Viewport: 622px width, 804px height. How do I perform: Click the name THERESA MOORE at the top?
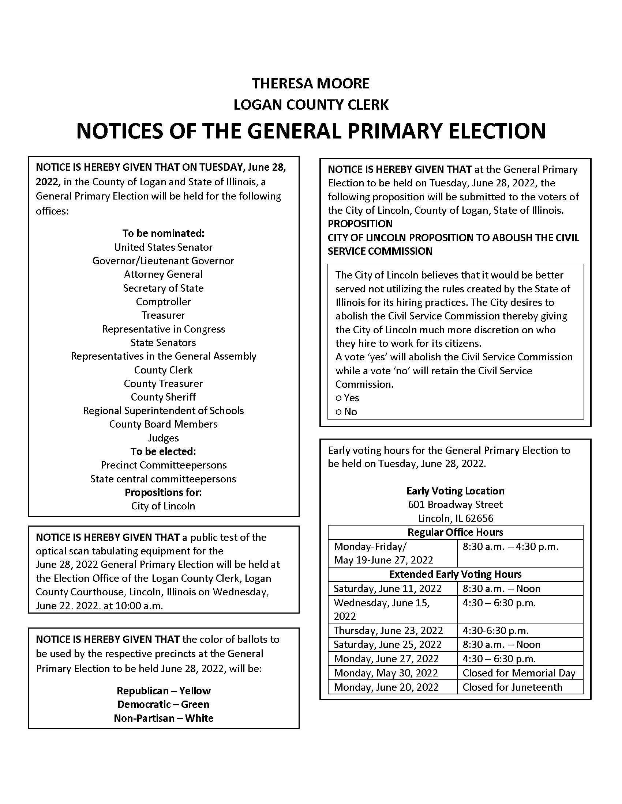pos(311,84)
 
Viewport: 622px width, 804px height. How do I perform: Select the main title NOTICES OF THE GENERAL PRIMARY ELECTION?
pos(311,131)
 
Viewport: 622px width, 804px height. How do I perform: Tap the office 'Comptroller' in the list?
pos(163,301)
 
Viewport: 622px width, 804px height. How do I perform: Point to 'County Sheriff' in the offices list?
pos(163,397)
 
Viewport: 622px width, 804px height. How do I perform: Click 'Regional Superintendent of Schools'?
pos(163,410)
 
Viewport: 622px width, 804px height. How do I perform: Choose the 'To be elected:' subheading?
pos(163,451)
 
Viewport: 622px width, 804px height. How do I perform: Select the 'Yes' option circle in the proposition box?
pos(339,398)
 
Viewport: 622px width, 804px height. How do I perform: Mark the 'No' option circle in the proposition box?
pos(339,412)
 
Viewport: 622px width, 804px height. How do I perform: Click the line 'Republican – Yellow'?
pos(164,691)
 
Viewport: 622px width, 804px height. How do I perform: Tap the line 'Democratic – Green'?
pos(163,704)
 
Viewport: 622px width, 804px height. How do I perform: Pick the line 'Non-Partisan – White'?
pos(164,718)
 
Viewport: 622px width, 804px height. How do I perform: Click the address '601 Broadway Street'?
pos(455,504)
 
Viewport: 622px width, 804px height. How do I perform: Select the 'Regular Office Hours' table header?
pos(455,532)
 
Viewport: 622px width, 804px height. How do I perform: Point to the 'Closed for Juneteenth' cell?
pos(512,687)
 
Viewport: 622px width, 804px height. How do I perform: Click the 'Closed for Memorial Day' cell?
pos(519,673)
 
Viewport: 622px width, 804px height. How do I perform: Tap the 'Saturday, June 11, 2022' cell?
pos(387,589)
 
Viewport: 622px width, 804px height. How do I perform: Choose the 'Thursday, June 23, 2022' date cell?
pos(388,631)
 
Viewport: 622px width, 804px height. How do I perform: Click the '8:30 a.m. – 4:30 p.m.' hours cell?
pos(510,547)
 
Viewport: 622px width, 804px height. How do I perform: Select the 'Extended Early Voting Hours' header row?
pos(455,574)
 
